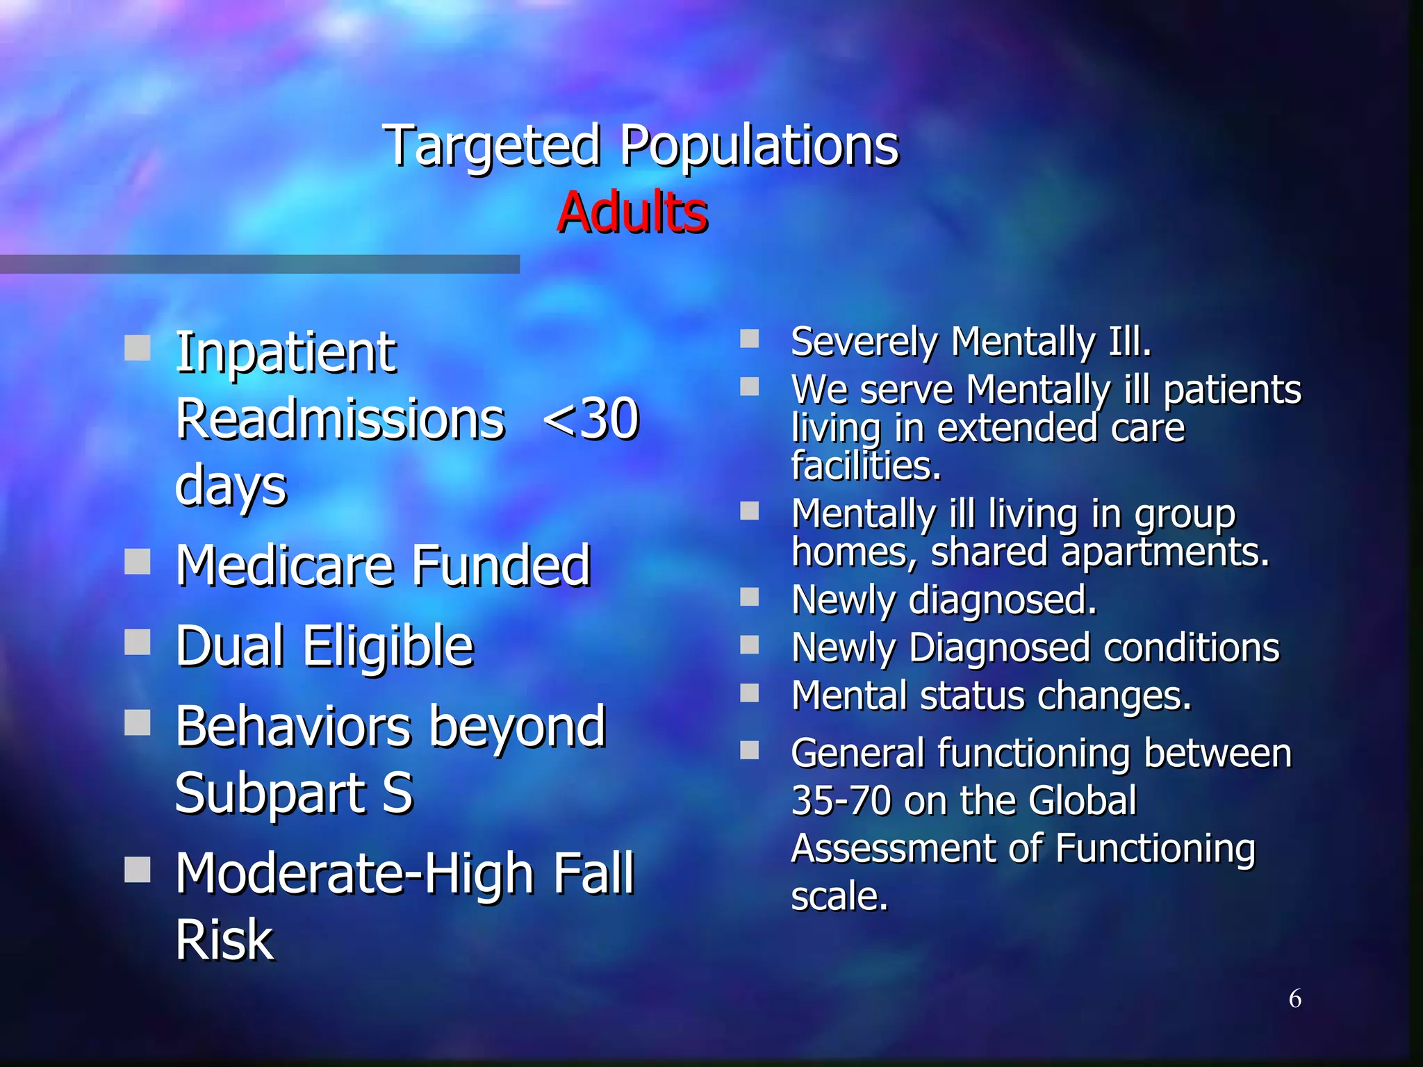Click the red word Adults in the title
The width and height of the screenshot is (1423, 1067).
(x=632, y=212)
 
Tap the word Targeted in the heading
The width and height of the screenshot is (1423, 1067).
(x=491, y=146)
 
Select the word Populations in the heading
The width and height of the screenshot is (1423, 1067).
(x=759, y=146)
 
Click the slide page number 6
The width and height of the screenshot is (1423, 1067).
(x=1295, y=999)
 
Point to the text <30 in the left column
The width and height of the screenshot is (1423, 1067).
(x=590, y=419)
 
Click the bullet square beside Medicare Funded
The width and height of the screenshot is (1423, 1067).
(x=138, y=561)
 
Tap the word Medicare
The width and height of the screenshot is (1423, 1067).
(x=285, y=565)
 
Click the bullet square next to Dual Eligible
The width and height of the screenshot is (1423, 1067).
(x=138, y=642)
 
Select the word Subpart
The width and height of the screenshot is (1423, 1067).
(x=270, y=793)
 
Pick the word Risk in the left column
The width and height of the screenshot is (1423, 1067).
(x=224, y=940)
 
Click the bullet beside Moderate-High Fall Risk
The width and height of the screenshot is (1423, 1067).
(x=138, y=868)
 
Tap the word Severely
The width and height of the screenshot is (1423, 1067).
(x=864, y=342)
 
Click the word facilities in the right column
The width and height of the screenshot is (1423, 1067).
(x=866, y=466)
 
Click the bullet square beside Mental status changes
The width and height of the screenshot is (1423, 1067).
(x=749, y=693)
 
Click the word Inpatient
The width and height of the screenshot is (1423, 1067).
(x=286, y=353)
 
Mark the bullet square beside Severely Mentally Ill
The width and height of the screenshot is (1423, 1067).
(x=749, y=338)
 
